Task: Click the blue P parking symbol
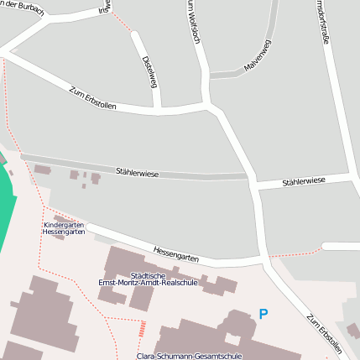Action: coord(263,314)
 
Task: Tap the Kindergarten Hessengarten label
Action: coord(64,227)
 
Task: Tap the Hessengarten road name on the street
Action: coord(176,253)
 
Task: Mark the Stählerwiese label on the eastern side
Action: coord(303,181)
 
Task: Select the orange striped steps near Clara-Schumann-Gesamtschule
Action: coord(142,328)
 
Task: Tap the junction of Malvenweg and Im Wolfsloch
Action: coord(206,76)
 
